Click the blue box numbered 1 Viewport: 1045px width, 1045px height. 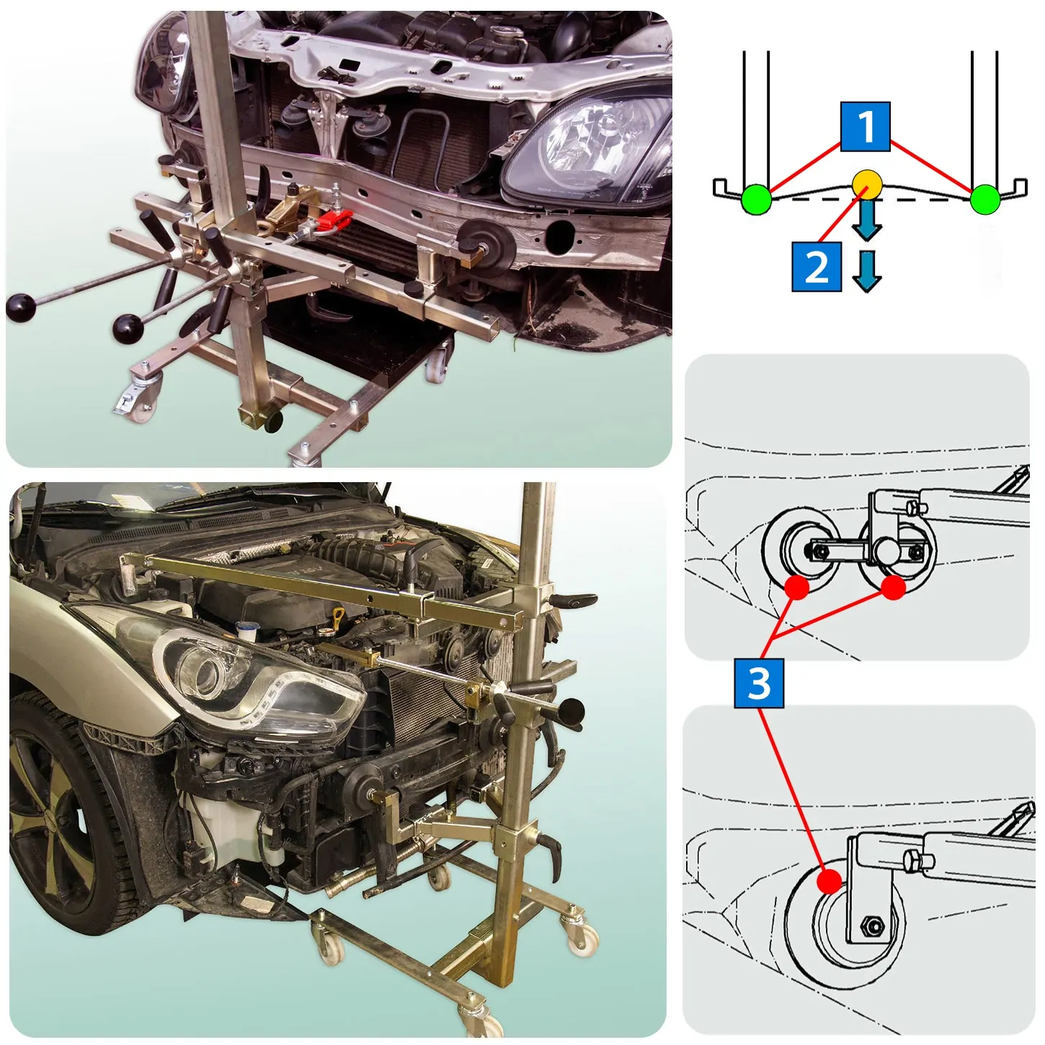(865, 126)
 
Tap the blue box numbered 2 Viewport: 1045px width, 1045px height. (817, 266)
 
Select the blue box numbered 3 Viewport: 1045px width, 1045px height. (759, 682)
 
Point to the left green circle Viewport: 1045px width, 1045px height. (756, 200)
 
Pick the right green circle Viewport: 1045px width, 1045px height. (984, 200)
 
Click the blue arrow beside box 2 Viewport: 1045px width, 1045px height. (866, 270)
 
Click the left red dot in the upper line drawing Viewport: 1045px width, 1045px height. (796, 587)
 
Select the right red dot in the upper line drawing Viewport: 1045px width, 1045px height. (893, 587)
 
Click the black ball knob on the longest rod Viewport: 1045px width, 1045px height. (21, 308)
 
